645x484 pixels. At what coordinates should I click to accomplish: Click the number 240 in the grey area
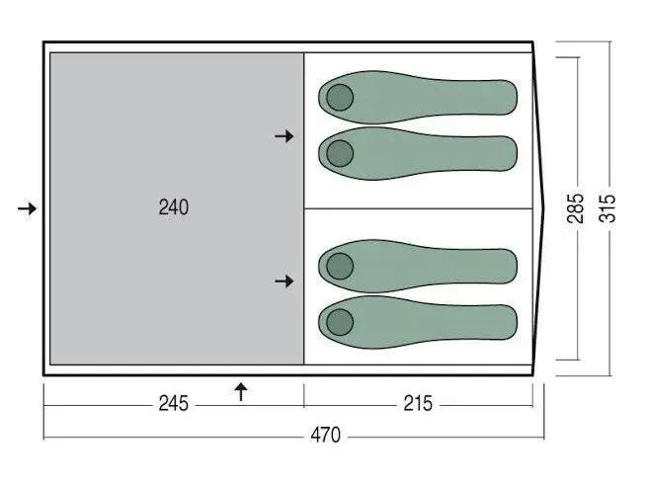pyautogui.click(x=173, y=207)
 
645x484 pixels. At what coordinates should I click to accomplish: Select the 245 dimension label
pyautogui.click(x=173, y=404)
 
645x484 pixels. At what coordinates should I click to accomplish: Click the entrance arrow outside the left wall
pyautogui.click(x=28, y=208)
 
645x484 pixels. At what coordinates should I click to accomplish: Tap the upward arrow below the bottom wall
pyautogui.click(x=240, y=392)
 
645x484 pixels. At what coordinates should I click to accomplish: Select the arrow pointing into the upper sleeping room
pyautogui.click(x=284, y=135)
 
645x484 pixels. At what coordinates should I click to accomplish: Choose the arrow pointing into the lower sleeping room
pyautogui.click(x=284, y=282)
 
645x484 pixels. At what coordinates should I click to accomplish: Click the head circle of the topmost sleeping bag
pyautogui.click(x=340, y=97)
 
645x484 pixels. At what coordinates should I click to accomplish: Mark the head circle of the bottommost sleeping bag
pyautogui.click(x=340, y=321)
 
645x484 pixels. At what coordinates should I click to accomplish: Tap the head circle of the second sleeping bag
pyautogui.click(x=340, y=152)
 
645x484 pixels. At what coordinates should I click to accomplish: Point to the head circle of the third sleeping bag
pyautogui.click(x=340, y=265)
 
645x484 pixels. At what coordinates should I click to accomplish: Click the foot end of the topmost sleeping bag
pyautogui.click(x=509, y=97)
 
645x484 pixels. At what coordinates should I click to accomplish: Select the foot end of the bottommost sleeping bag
pyautogui.click(x=509, y=321)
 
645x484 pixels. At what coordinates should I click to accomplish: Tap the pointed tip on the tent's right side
pyautogui.click(x=544, y=208)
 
